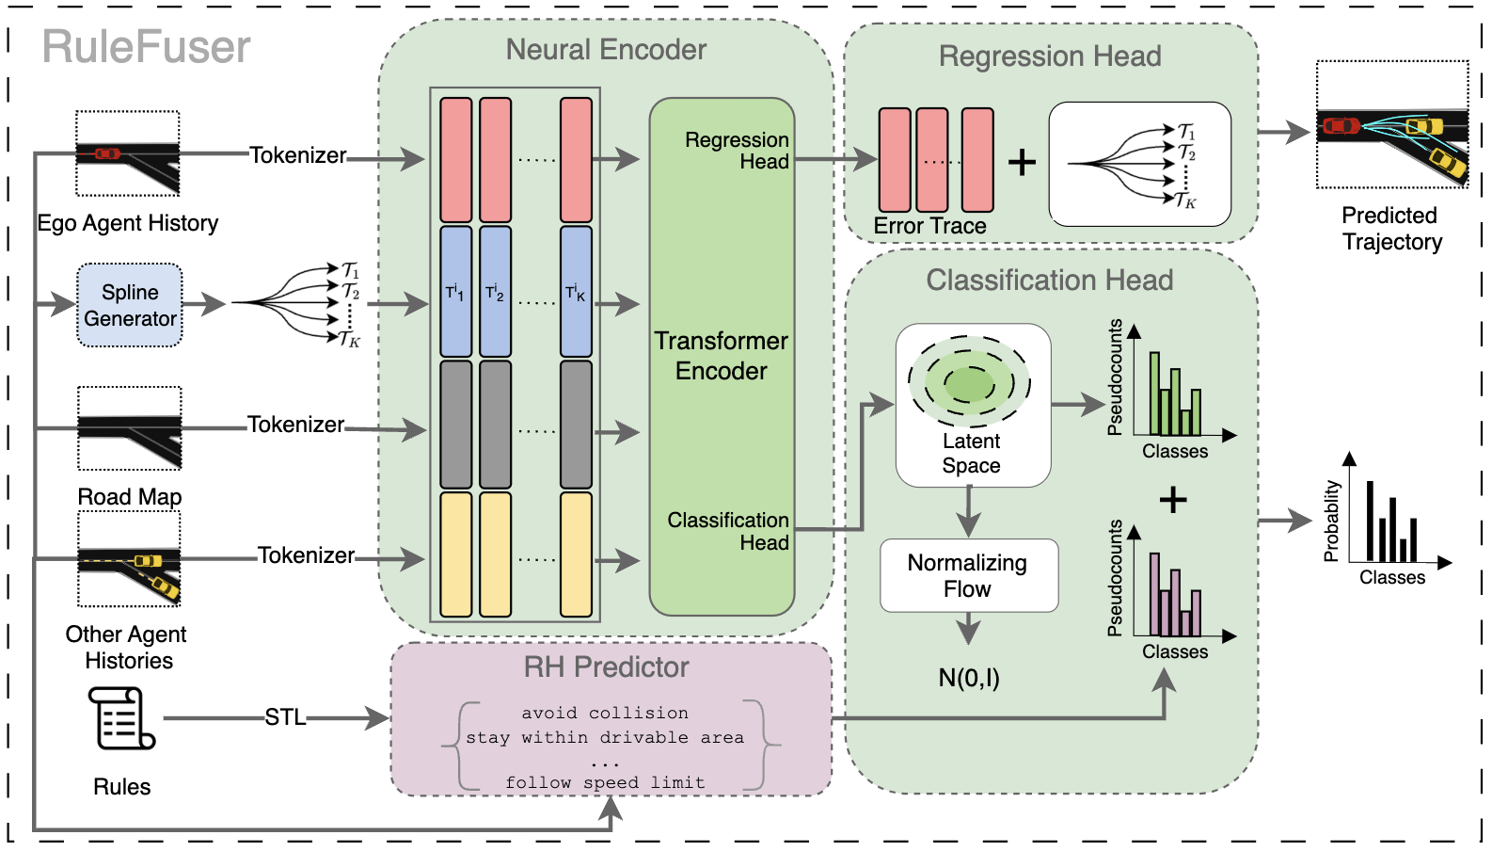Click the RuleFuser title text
(x=146, y=47)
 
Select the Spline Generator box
(x=130, y=305)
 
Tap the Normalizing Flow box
(x=968, y=575)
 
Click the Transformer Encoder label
(x=722, y=356)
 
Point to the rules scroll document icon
(x=120, y=717)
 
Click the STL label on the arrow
(x=284, y=717)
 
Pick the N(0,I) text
(x=969, y=678)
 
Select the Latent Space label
(x=972, y=453)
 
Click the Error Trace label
(x=929, y=226)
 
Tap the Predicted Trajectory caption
(x=1391, y=229)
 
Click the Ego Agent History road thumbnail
(x=128, y=153)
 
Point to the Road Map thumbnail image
(x=130, y=429)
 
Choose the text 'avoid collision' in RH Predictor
(x=605, y=713)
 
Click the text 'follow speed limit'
(x=605, y=782)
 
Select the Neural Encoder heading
(x=606, y=50)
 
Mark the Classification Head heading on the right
(x=1049, y=280)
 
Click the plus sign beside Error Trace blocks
(x=1022, y=162)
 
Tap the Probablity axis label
(x=1331, y=521)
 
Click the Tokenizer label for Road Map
(x=295, y=425)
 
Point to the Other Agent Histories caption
(x=128, y=647)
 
